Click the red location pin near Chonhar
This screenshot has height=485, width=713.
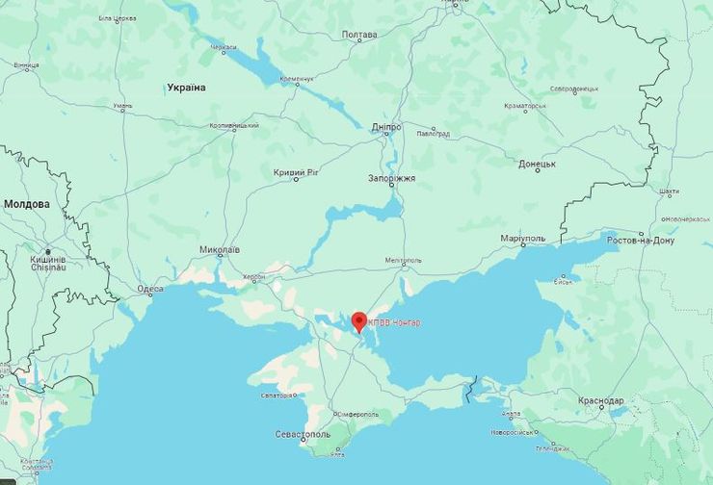(359, 320)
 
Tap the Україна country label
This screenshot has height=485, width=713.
(186, 88)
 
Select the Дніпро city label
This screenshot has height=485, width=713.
(386, 126)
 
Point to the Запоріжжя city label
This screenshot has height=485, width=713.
(392, 179)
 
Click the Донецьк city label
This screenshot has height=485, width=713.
(537, 165)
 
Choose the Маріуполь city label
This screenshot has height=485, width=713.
(523, 238)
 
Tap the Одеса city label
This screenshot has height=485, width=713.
(149, 289)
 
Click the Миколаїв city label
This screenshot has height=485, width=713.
(220, 250)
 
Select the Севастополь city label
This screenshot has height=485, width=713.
(304, 435)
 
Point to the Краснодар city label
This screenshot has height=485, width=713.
(602, 400)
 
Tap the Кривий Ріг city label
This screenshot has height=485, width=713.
(295, 173)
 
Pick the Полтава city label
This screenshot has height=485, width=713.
(359, 36)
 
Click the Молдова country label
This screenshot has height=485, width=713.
(27, 204)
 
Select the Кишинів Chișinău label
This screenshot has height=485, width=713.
(47, 264)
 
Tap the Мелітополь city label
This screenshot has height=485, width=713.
(403, 260)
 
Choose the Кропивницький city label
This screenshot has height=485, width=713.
(234, 125)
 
